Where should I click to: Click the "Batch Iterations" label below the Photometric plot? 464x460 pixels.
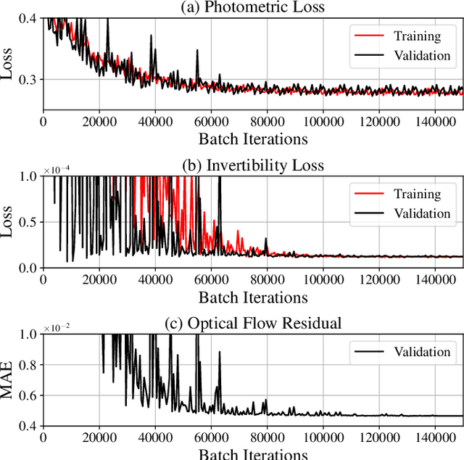253,139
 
